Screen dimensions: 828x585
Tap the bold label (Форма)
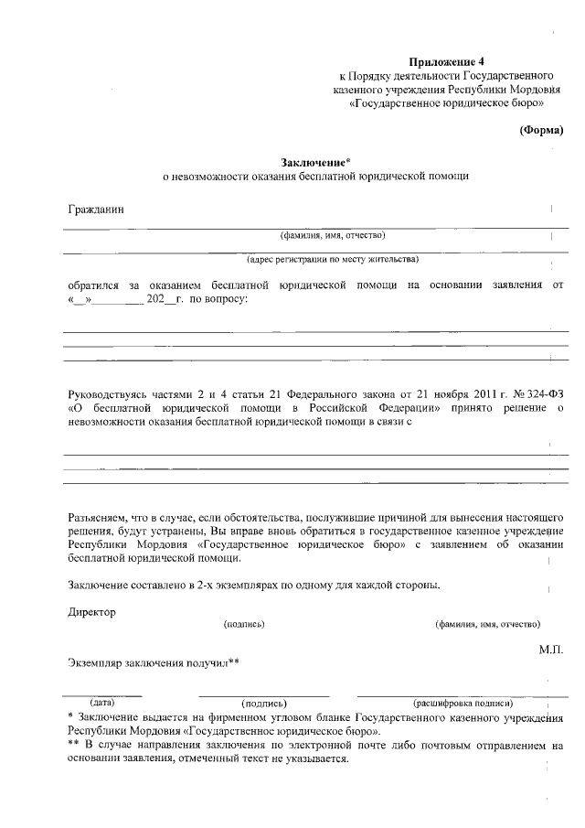[541, 130]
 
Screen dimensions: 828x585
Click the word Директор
[92, 612]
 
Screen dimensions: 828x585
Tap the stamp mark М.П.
[552, 649]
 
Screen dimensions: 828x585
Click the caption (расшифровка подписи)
[463, 703]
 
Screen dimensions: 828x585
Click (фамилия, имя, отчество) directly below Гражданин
[326, 234]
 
